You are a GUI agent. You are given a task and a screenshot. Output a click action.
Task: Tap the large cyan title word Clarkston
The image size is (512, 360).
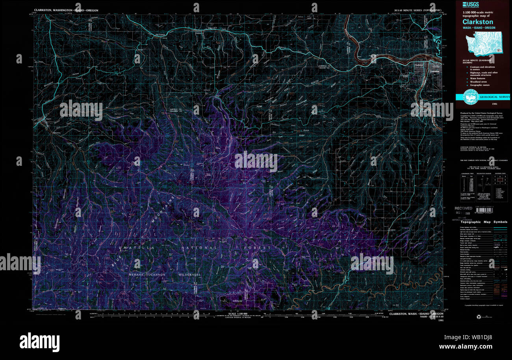(478, 22)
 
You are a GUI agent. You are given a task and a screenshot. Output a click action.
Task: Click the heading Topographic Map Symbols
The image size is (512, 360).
(484, 222)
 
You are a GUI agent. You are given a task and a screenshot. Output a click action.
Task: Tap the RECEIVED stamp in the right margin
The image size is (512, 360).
(463, 208)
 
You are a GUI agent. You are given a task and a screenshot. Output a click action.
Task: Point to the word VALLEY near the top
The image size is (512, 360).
(213, 29)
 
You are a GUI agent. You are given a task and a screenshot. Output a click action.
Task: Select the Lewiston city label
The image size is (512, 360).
(434, 71)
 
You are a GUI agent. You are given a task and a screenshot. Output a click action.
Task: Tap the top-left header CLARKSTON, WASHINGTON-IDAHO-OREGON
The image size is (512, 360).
(66, 10)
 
